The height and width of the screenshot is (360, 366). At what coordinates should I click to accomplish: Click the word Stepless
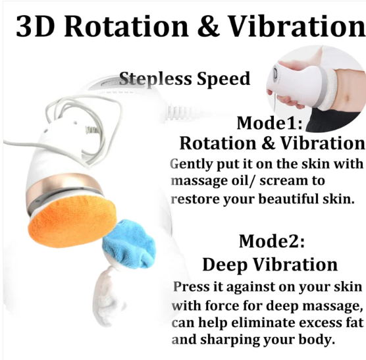(x=155, y=78)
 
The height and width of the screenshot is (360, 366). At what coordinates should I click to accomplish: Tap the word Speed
(x=224, y=78)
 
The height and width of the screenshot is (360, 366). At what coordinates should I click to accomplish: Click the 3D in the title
(x=35, y=26)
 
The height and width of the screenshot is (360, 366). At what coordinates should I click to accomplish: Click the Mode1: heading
(x=270, y=122)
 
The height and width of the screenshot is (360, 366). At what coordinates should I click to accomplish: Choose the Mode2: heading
(x=272, y=241)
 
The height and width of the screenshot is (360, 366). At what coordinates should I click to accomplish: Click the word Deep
(x=224, y=265)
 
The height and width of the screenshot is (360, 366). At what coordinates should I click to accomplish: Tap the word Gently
(x=192, y=165)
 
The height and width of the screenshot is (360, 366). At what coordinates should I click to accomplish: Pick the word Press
(x=191, y=286)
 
